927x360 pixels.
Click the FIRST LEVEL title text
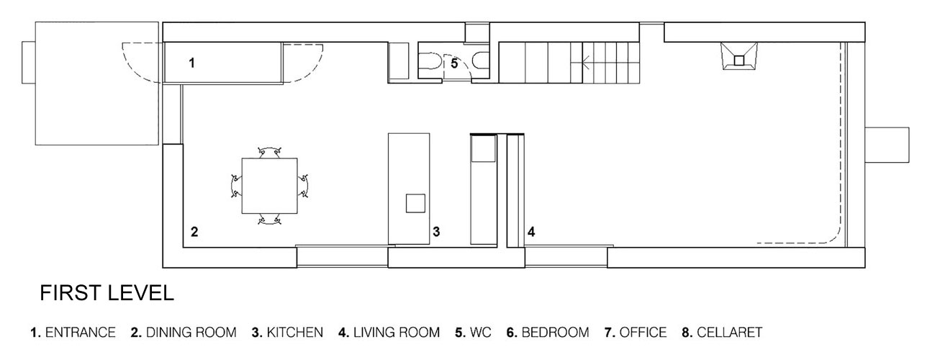pos(107,293)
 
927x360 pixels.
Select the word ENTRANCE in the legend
pos(81,332)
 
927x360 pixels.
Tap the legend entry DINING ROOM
pos(191,332)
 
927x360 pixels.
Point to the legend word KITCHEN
pos(294,332)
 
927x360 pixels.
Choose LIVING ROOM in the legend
pos(397,332)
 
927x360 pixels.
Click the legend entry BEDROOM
pos(555,332)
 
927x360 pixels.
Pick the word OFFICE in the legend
pos(643,332)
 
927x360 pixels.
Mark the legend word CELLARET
pos(730,332)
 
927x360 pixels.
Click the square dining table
pos(269,186)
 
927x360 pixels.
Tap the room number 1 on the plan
pos(191,63)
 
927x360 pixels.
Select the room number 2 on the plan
pos(194,232)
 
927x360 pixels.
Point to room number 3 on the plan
pos(436,232)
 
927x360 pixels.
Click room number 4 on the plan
pos(531,232)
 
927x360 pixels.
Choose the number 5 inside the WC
pos(454,64)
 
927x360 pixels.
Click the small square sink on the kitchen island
pos(415,203)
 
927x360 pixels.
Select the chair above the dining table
pos(269,151)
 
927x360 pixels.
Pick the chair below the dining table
pos(269,220)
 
